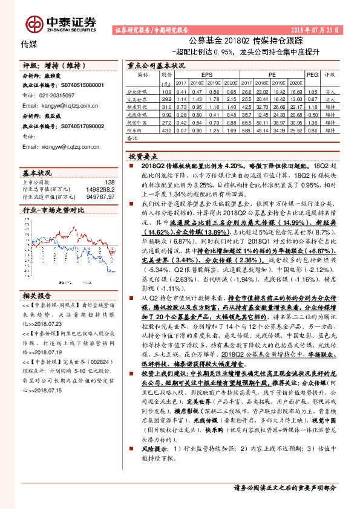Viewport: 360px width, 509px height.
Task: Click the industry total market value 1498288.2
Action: pyautogui.click(x=100, y=189)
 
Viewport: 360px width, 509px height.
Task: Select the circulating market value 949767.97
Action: pyautogui.click(x=100, y=196)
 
